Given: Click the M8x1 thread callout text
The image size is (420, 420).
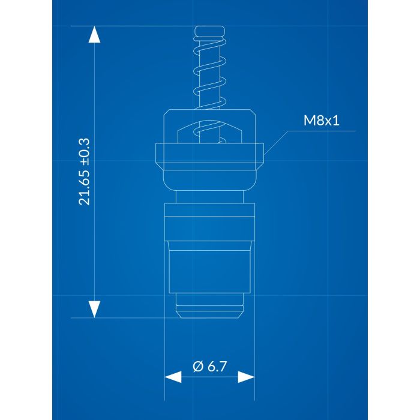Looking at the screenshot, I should (321, 121).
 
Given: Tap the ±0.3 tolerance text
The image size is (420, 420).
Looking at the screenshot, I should (85, 150).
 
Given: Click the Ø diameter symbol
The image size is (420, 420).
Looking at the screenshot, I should (198, 366).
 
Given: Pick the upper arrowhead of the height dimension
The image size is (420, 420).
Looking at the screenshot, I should (94, 36).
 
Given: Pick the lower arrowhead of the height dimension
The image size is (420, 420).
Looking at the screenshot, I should (94, 308).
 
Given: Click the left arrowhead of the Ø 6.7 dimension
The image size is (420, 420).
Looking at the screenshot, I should (173, 377).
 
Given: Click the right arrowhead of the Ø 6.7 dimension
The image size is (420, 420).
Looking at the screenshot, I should (247, 377).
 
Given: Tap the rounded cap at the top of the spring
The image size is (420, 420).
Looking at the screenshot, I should (210, 32).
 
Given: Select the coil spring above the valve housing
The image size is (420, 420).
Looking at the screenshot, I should (210, 72).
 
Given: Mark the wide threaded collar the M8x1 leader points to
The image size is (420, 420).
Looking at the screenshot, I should (210, 155).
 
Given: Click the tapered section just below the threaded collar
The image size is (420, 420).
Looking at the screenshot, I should (210, 179).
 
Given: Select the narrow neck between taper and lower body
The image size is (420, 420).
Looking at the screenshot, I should (210, 197).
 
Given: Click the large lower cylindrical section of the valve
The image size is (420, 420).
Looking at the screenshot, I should (210, 267).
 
